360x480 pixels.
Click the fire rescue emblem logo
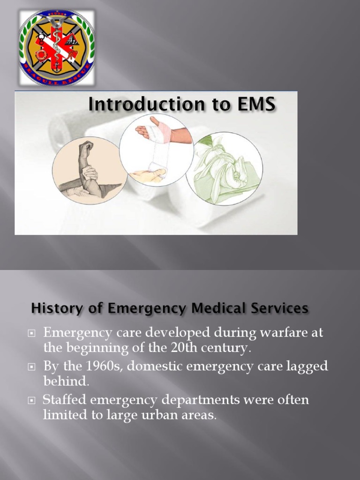[56, 47]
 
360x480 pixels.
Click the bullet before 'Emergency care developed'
[32, 333]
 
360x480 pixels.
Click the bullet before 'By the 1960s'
[32, 367]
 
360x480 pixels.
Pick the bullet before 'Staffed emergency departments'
[32, 401]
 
